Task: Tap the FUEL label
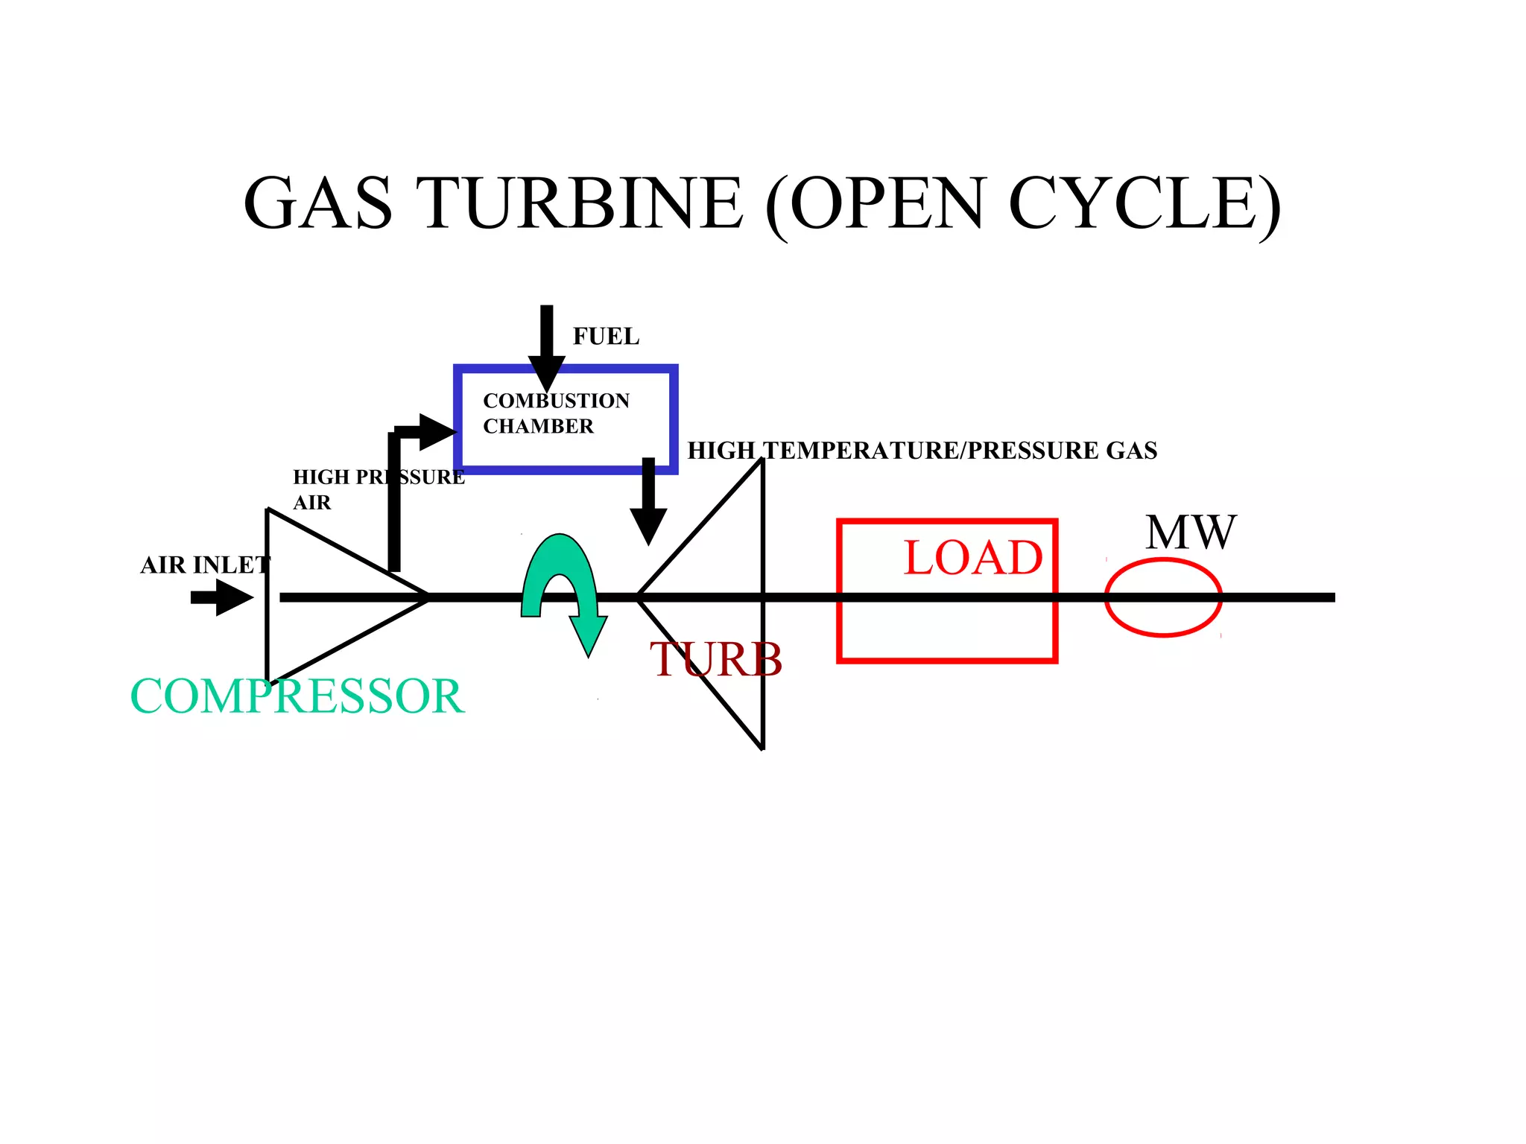tap(606, 337)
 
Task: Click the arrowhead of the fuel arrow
tap(547, 372)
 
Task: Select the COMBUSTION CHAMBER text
tap(556, 413)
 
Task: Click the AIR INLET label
tap(205, 565)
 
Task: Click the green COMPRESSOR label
tap(297, 696)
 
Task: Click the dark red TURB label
tap(715, 659)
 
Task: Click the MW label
tap(1190, 532)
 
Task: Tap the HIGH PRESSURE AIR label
tap(378, 489)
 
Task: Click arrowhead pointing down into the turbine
tap(648, 526)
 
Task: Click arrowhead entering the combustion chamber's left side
tap(437, 432)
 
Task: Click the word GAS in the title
tap(318, 203)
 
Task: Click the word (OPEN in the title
tap(876, 204)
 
